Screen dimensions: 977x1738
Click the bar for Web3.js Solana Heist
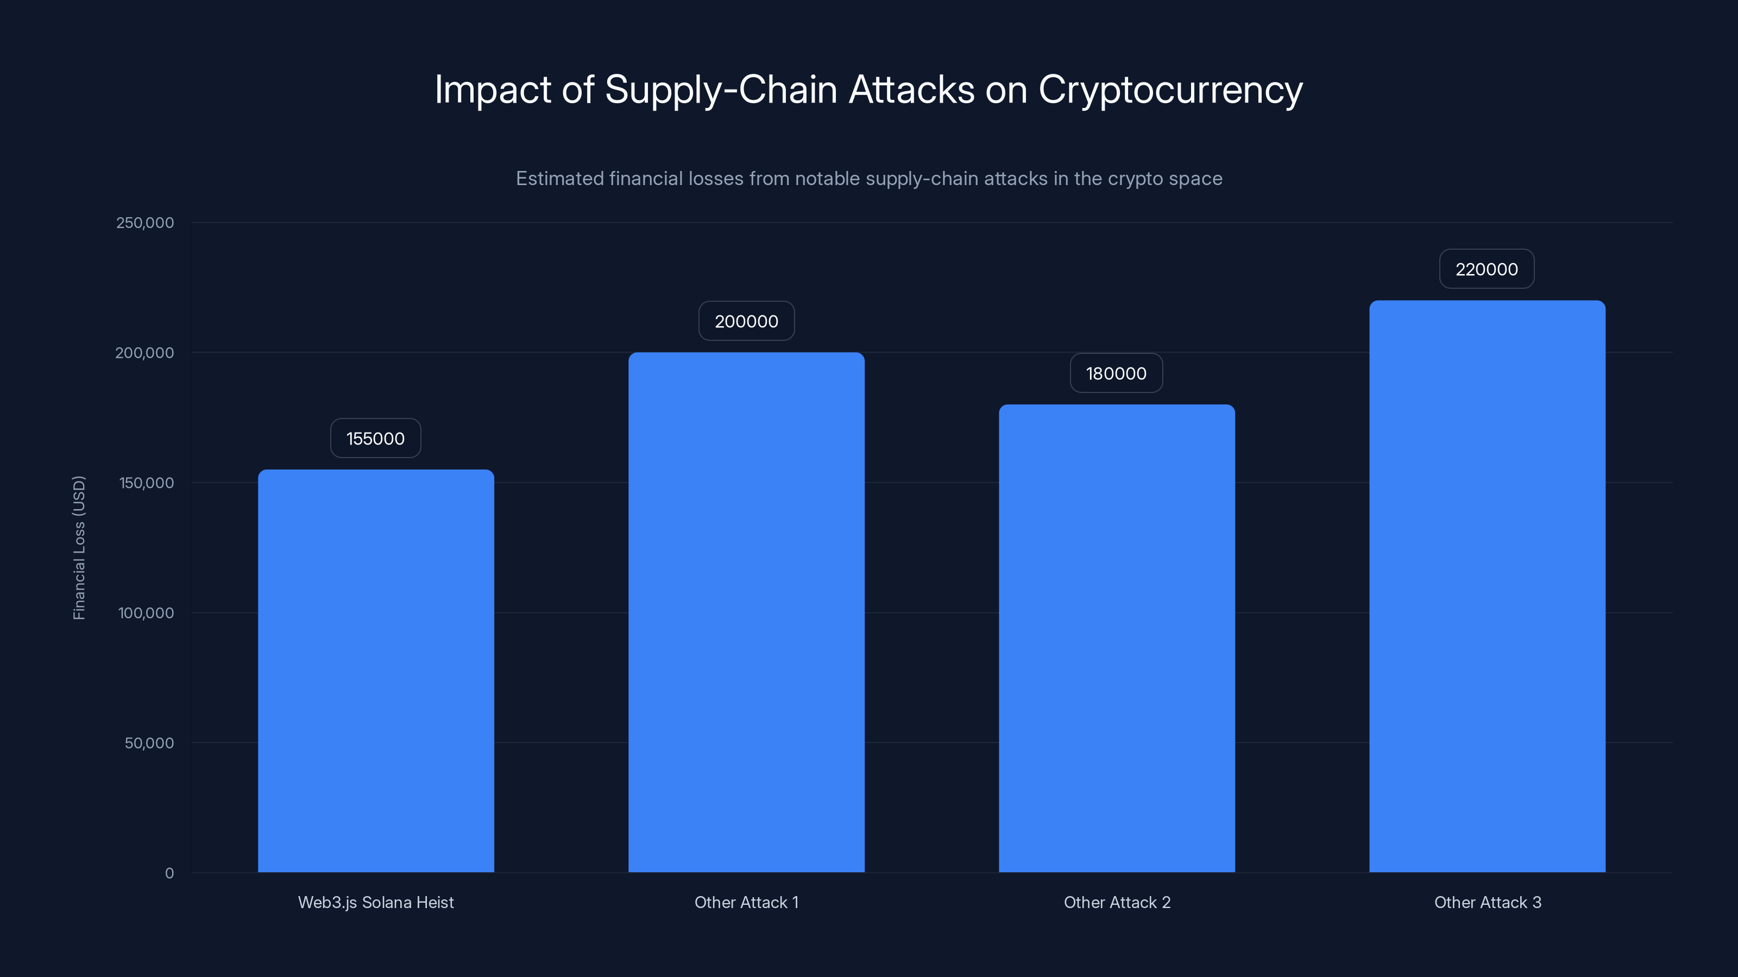[376, 671]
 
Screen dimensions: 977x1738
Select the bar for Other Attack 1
[746, 612]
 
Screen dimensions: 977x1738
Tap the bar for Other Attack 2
[1117, 638]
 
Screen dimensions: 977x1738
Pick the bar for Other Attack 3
[1487, 586]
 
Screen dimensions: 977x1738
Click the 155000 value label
[375, 438]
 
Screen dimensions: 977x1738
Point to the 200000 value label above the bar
[746, 321]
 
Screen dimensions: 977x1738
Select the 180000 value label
[1116, 373]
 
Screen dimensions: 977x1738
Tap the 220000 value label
[1487, 269]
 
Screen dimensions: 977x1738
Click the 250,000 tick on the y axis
[144, 223]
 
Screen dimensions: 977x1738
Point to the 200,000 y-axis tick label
[144, 353]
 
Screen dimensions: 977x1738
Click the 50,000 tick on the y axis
[149, 743]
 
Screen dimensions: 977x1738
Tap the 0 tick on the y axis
[169, 873]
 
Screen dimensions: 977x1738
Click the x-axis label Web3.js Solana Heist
[376, 902]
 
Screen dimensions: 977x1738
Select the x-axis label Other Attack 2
[1117, 902]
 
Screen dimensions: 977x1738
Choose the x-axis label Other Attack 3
[1487, 902]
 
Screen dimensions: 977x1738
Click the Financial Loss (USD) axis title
[79, 548]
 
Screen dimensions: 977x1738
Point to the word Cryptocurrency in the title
[1170, 90]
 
